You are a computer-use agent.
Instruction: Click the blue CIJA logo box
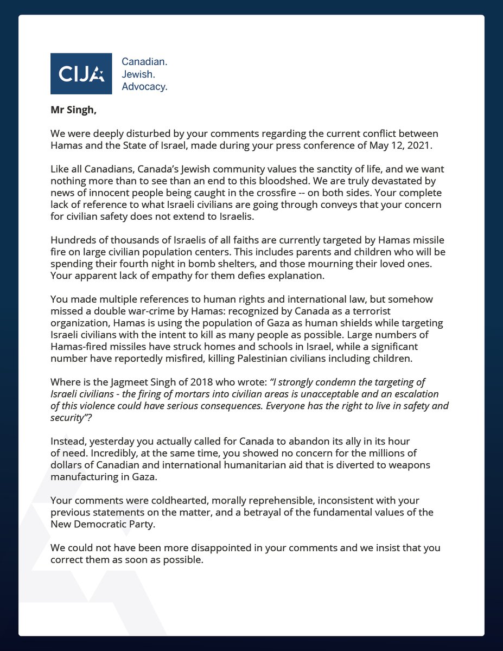81,74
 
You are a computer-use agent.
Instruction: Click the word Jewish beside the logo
137,74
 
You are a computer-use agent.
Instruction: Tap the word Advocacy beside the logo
144,87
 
